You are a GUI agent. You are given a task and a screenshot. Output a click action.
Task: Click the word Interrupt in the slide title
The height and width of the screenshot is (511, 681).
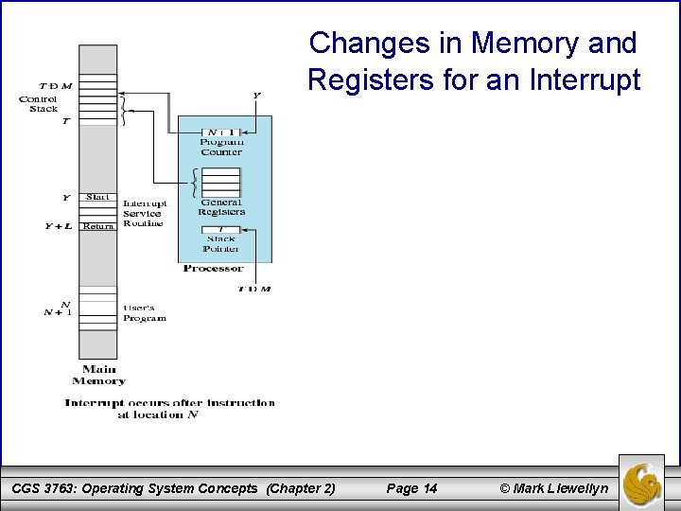586,79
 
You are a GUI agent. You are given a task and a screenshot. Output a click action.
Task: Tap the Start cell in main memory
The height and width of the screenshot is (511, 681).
97,197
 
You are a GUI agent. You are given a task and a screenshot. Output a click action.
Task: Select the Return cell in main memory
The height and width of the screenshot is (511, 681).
97,226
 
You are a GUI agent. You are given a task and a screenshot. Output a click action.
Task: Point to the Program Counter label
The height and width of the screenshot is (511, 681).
221,147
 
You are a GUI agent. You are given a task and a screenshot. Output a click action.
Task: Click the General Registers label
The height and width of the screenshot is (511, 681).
221,207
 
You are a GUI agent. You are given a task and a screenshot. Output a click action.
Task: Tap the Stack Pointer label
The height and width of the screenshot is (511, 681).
221,244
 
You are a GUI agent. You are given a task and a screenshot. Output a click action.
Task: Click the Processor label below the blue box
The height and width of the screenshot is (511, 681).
213,268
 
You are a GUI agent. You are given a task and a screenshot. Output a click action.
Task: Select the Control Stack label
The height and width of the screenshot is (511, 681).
39,104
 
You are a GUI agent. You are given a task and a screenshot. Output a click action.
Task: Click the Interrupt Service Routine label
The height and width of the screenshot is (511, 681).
145,213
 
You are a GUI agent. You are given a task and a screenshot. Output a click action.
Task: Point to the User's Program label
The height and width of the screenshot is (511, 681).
145,313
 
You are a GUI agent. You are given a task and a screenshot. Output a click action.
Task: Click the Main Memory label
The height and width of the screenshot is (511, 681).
98,375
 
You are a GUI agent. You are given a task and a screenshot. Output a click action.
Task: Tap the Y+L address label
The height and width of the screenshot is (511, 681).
59,226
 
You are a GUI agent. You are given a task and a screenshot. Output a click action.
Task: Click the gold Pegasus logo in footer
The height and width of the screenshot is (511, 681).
641,482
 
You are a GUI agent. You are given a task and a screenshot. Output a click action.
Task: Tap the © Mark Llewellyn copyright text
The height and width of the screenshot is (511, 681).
553,488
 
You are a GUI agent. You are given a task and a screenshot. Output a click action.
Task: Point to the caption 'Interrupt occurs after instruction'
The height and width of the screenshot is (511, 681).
169,402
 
